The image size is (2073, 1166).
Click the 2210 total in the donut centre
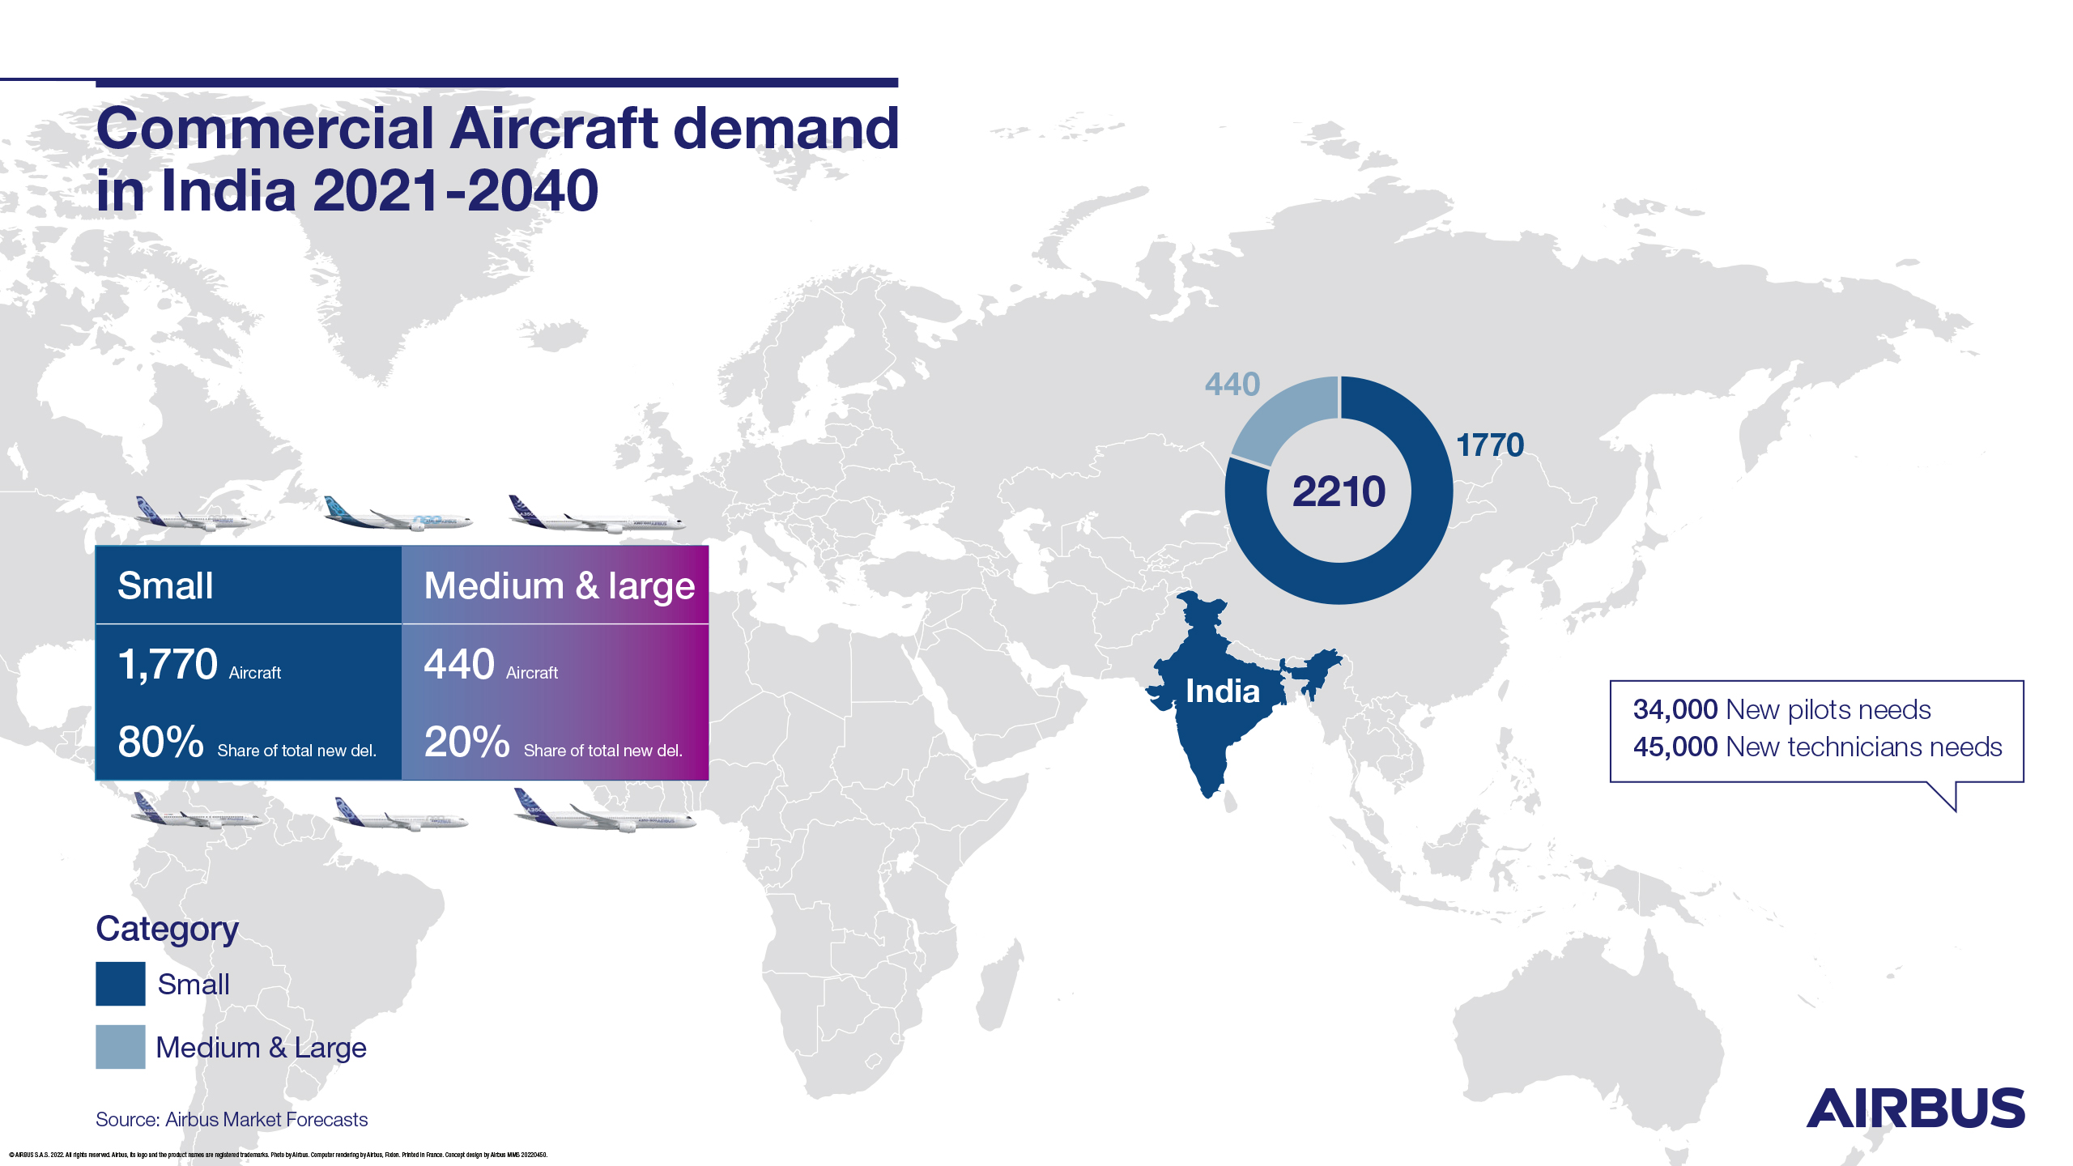click(1339, 492)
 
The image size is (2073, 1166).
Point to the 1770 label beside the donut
click(1490, 445)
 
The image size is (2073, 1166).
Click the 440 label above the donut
click(1232, 384)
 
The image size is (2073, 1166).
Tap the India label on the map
click(1222, 692)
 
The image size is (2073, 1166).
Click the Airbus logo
click(1915, 1109)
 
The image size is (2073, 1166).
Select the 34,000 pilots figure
click(1675, 709)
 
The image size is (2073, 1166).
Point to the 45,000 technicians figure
click(1675, 747)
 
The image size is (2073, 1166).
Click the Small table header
click(166, 585)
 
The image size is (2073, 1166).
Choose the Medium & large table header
click(559, 585)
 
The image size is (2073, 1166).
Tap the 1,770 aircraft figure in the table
click(168, 665)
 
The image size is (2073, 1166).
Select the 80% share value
click(160, 742)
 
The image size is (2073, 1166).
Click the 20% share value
click(466, 742)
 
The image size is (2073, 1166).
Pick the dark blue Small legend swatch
click(121, 984)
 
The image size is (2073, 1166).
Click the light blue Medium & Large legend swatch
click(121, 1047)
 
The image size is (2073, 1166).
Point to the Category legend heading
click(167, 929)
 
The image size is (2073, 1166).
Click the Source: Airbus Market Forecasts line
click(232, 1119)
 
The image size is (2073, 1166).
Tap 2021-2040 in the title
click(455, 191)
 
